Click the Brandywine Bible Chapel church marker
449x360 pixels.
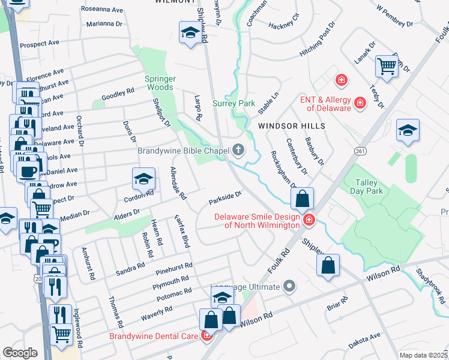coord(239,150)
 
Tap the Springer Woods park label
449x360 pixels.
coord(160,83)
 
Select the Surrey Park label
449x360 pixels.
coord(234,103)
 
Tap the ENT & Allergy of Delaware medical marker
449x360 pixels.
coord(360,103)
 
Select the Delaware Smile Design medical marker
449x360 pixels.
coord(309,220)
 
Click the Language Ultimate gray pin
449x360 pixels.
coord(289,287)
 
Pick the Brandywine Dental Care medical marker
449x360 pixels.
coord(207,336)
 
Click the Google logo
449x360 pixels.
coord(20,352)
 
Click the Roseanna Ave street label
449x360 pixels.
coord(102,10)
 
